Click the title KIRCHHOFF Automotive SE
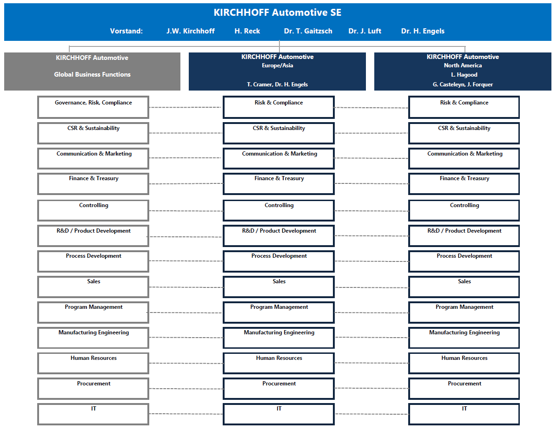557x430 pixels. pyautogui.click(x=278, y=13)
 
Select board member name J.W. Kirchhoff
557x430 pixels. pyautogui.click(x=191, y=31)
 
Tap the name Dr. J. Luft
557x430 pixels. pyautogui.click(x=365, y=31)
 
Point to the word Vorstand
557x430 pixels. pyautogui.click(x=126, y=31)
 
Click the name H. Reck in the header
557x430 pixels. pyautogui.click(x=247, y=31)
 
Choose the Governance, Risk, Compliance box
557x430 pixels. pyautogui.click(x=93, y=107)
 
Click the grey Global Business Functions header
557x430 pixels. pyautogui.click(x=92, y=72)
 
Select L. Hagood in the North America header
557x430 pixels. pyautogui.click(x=464, y=75)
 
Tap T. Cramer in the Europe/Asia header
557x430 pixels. pyautogui.click(x=258, y=85)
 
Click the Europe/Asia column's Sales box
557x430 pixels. pyautogui.click(x=278, y=287)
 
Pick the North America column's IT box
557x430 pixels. pyautogui.click(x=464, y=414)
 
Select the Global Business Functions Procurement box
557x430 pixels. pyautogui.click(x=93, y=389)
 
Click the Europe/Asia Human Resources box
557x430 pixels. pyautogui.click(x=278, y=363)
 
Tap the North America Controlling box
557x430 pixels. pyautogui.click(x=464, y=210)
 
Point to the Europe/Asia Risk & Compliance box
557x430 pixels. pyautogui.click(x=278, y=107)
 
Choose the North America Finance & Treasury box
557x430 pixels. pyautogui.click(x=464, y=184)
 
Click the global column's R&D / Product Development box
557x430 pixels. pyautogui.click(x=93, y=236)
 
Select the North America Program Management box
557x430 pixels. pyautogui.click(x=464, y=313)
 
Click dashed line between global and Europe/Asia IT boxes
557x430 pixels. pyautogui.click(x=186, y=414)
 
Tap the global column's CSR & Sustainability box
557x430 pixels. pyautogui.click(x=93, y=133)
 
